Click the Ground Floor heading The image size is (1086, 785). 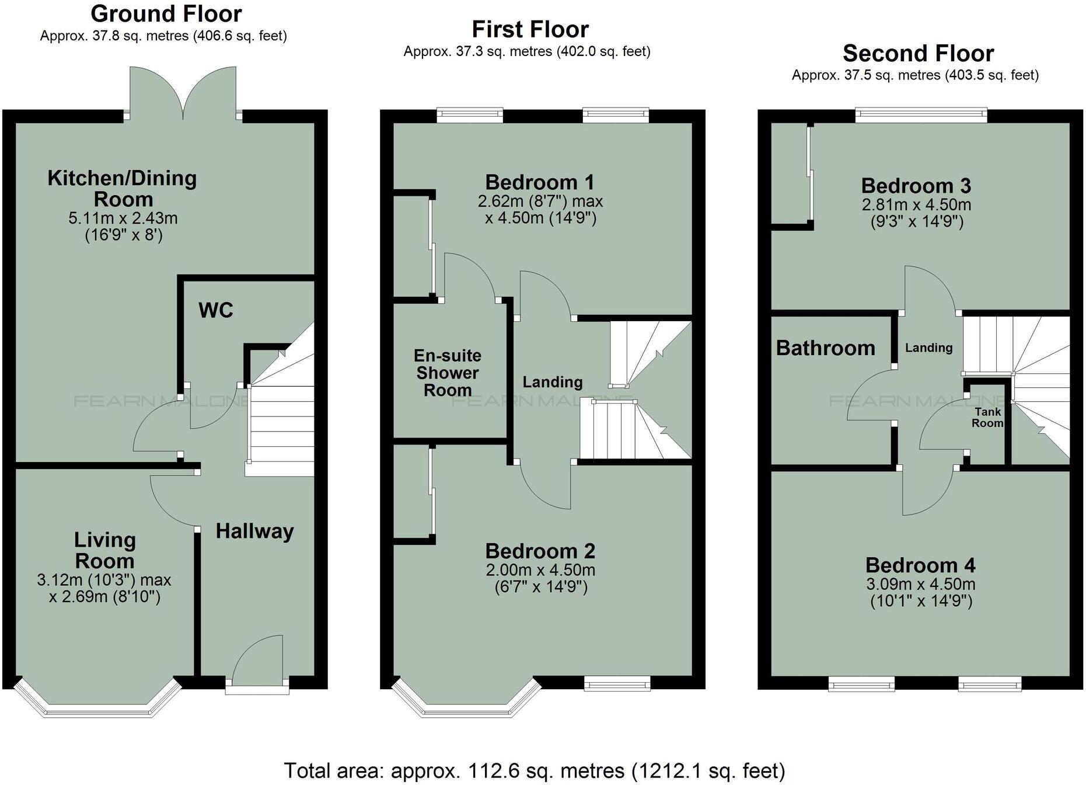click(166, 14)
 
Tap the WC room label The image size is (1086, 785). click(215, 310)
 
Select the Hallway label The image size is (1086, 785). click(254, 531)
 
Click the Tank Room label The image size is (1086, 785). click(987, 417)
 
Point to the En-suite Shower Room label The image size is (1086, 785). click(448, 373)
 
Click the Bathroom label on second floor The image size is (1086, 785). click(825, 348)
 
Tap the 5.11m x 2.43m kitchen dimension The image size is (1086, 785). click(123, 218)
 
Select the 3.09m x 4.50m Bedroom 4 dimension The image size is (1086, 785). click(920, 584)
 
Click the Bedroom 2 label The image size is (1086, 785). click(540, 551)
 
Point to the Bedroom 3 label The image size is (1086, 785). click(916, 186)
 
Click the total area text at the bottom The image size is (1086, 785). click(534, 771)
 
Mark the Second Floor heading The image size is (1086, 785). click(918, 54)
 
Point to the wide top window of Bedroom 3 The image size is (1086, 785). click(921, 115)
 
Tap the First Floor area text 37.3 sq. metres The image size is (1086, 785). click(526, 51)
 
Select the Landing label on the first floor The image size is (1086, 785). click(552, 382)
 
